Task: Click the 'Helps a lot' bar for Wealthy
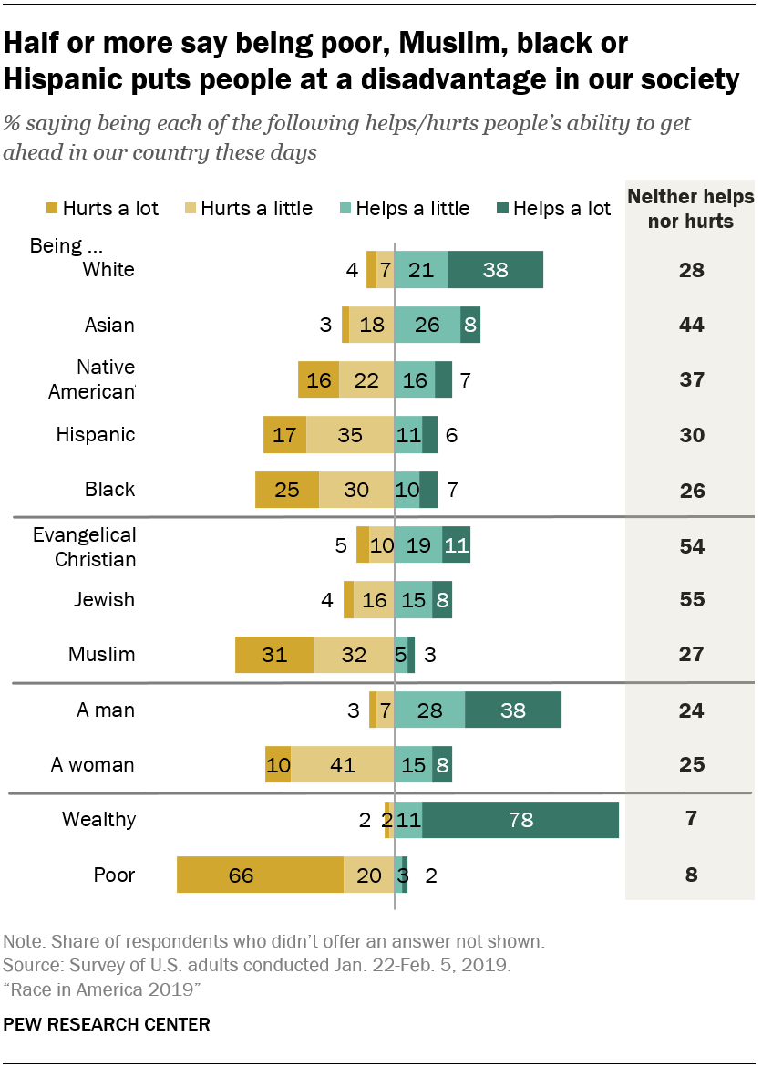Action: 520,819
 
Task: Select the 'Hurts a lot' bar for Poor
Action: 260,875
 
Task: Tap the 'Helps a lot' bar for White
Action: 496,270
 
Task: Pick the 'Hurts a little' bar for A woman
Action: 342,764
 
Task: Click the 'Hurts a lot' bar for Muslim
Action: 274,655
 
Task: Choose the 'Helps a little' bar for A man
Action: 429,710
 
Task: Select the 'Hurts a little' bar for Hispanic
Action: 350,435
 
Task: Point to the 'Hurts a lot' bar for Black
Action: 287,490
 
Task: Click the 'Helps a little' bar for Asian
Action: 427,325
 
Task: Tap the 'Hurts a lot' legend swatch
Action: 51,209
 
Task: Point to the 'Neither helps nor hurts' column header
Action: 692,209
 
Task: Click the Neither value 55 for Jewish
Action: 692,600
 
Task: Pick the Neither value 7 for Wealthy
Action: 692,819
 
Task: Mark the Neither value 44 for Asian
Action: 692,325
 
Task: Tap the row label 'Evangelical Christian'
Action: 84,546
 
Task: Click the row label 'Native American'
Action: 105,379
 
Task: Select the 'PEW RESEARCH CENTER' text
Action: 107,1024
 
